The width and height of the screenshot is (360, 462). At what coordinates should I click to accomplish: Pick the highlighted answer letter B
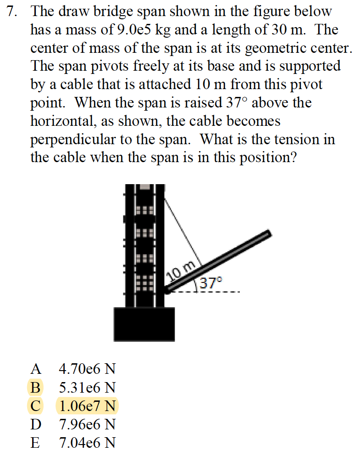[x=35, y=387]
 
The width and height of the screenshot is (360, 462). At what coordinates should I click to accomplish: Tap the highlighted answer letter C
[x=35, y=406]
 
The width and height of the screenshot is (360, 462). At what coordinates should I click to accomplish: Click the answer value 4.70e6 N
[x=87, y=369]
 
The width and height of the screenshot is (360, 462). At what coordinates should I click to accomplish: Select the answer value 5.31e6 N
[x=87, y=387]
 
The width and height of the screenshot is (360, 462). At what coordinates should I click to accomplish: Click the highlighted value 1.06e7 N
[x=87, y=406]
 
